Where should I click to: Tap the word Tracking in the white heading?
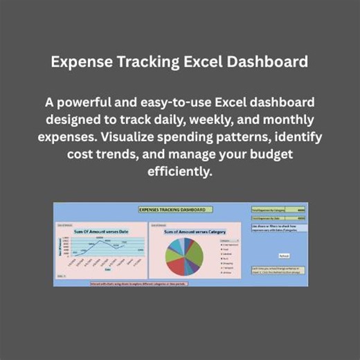(x=145, y=63)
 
